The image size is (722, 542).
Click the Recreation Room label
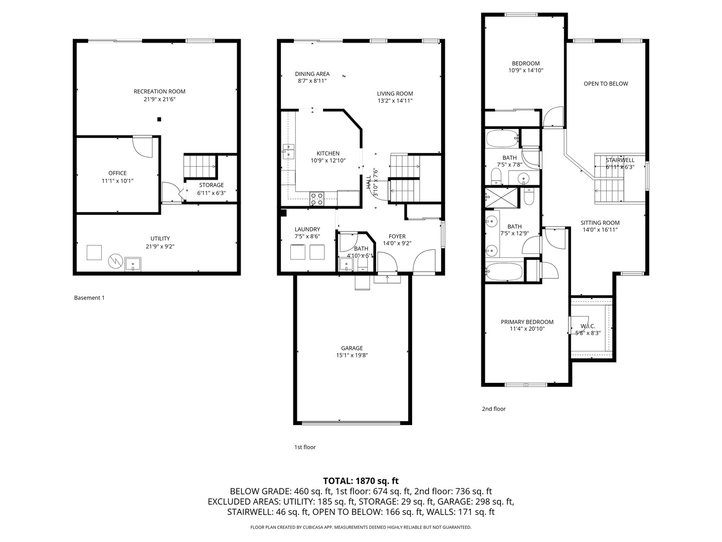(x=159, y=91)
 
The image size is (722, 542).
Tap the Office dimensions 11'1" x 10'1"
(x=117, y=181)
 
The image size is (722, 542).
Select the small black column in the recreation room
(x=159, y=119)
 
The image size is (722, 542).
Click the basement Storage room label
(x=211, y=185)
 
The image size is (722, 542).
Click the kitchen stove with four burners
(x=317, y=199)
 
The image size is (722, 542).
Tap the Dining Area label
(x=312, y=74)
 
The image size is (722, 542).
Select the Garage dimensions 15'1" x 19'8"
(x=351, y=355)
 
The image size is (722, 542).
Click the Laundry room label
(x=307, y=229)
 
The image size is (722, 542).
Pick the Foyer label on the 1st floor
(x=397, y=236)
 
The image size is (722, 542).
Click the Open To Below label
(x=606, y=84)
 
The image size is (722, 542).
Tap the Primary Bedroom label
(x=527, y=322)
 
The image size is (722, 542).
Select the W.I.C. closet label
(x=588, y=326)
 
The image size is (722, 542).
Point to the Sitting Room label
(x=600, y=223)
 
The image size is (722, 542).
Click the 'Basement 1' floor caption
(x=89, y=298)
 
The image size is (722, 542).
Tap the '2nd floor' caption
(x=494, y=409)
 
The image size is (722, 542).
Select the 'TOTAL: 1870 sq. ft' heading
(x=361, y=481)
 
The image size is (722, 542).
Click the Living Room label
(x=395, y=94)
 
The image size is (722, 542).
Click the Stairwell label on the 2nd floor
(x=620, y=160)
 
